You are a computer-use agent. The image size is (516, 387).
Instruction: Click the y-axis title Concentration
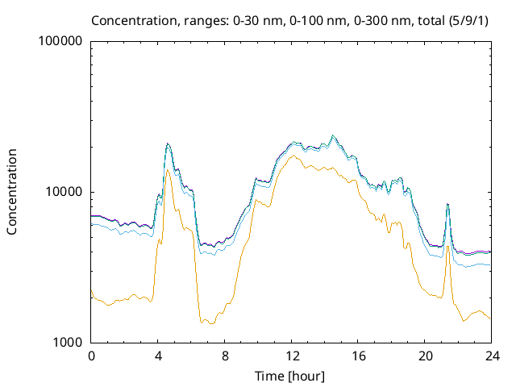tap(12, 191)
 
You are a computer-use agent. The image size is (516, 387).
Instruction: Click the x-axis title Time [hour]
tap(290, 376)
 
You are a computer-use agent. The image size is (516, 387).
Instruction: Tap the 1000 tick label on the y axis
tap(69, 343)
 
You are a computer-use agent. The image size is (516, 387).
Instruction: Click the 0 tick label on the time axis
tap(91, 356)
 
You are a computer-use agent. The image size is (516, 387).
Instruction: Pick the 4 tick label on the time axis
tap(158, 356)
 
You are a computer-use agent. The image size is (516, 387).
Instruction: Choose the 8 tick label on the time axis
tap(225, 356)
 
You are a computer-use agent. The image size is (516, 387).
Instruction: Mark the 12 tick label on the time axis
tap(291, 356)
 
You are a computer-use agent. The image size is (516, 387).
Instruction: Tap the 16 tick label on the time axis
tap(358, 356)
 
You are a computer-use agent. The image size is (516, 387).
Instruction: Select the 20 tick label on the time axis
tap(425, 356)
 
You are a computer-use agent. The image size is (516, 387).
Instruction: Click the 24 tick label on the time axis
tap(491, 356)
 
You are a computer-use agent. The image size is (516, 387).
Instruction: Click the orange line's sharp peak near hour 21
tap(447, 246)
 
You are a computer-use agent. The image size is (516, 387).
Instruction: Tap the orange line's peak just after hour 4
tap(167, 170)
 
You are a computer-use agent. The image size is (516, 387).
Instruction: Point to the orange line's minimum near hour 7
tap(211, 323)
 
